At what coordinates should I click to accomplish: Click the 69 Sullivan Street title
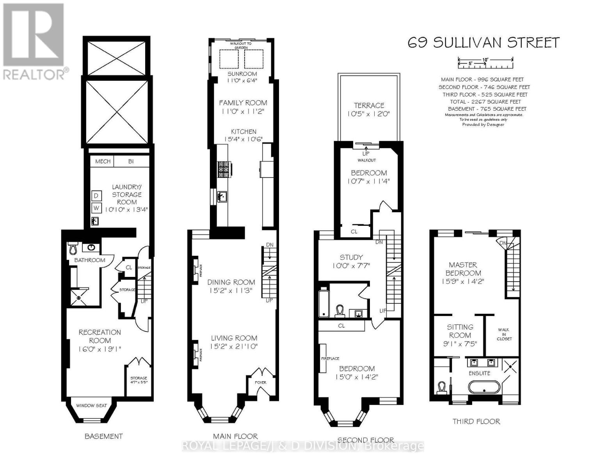point(483,43)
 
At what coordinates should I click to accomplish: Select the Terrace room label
point(369,105)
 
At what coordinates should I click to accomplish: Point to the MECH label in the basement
point(103,161)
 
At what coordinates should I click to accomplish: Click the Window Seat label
point(91,405)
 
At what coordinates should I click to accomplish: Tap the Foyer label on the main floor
point(260,382)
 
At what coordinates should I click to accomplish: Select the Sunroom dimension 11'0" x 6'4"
point(242,81)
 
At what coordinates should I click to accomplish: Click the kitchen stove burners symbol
point(224,169)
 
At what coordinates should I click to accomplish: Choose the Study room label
point(351,257)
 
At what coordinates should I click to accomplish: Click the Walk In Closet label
point(503,334)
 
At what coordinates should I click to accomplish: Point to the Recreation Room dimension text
point(100,349)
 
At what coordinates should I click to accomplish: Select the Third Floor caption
point(476,421)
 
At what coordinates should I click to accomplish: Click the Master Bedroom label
point(463,269)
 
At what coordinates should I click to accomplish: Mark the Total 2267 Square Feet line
point(484,101)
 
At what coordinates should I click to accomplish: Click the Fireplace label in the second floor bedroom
point(330,358)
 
